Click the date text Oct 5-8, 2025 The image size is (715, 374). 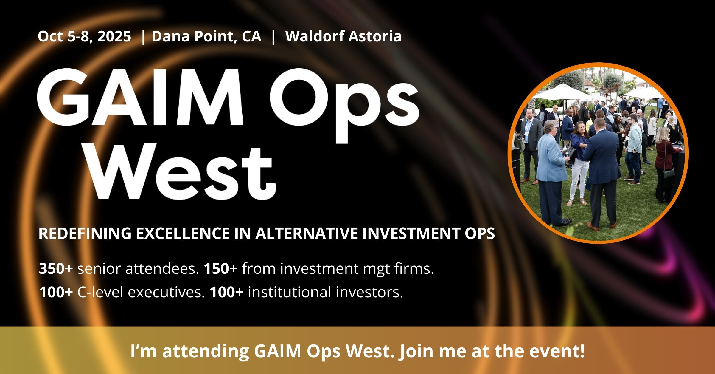click(x=84, y=37)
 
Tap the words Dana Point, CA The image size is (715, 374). click(x=206, y=37)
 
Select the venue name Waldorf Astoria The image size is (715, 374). click(x=343, y=36)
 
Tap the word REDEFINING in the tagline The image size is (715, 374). click(x=85, y=233)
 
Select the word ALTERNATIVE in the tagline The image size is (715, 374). click(x=307, y=233)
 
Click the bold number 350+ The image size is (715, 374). click(x=56, y=269)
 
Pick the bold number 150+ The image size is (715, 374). click(x=221, y=269)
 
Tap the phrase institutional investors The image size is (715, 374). click(x=325, y=292)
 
